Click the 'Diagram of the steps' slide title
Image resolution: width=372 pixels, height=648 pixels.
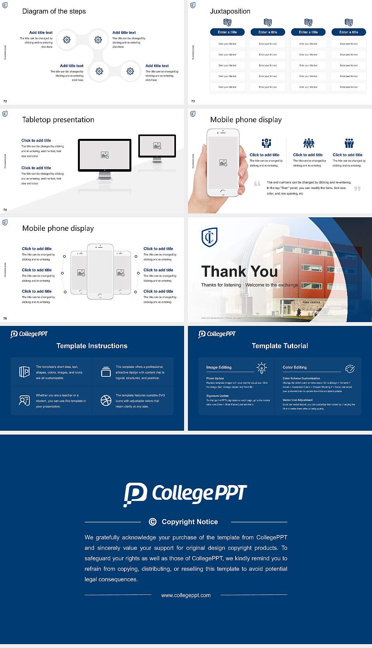tap(54, 11)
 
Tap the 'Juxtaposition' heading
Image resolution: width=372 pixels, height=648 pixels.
tap(230, 11)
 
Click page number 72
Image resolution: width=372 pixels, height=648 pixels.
tap(5, 101)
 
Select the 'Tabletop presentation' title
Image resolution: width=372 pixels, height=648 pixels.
tap(58, 120)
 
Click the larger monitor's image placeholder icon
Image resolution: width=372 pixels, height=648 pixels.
tap(105, 155)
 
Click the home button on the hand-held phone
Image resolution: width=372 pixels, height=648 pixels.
tap(222, 192)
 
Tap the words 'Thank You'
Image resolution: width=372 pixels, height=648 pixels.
tap(239, 271)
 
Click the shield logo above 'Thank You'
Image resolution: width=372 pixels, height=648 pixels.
tap(209, 237)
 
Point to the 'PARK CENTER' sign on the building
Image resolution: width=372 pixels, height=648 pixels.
tap(311, 302)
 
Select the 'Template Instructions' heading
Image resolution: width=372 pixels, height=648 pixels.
tap(92, 346)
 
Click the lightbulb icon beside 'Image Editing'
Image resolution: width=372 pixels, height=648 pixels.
tap(262, 368)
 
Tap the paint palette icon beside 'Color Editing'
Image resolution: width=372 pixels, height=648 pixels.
tap(350, 369)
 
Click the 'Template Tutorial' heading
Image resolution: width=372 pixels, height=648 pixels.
tap(280, 346)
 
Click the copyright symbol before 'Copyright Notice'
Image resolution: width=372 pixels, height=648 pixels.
tap(153, 522)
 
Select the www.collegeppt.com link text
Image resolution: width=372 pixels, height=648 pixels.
tap(186, 595)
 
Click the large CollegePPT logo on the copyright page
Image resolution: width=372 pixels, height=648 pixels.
tap(185, 494)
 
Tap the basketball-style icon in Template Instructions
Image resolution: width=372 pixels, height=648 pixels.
tap(106, 400)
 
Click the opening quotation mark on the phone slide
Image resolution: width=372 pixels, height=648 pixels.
tap(257, 184)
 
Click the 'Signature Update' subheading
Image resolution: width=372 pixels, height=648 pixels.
tap(217, 396)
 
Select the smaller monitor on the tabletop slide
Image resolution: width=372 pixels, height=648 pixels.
tap(157, 146)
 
